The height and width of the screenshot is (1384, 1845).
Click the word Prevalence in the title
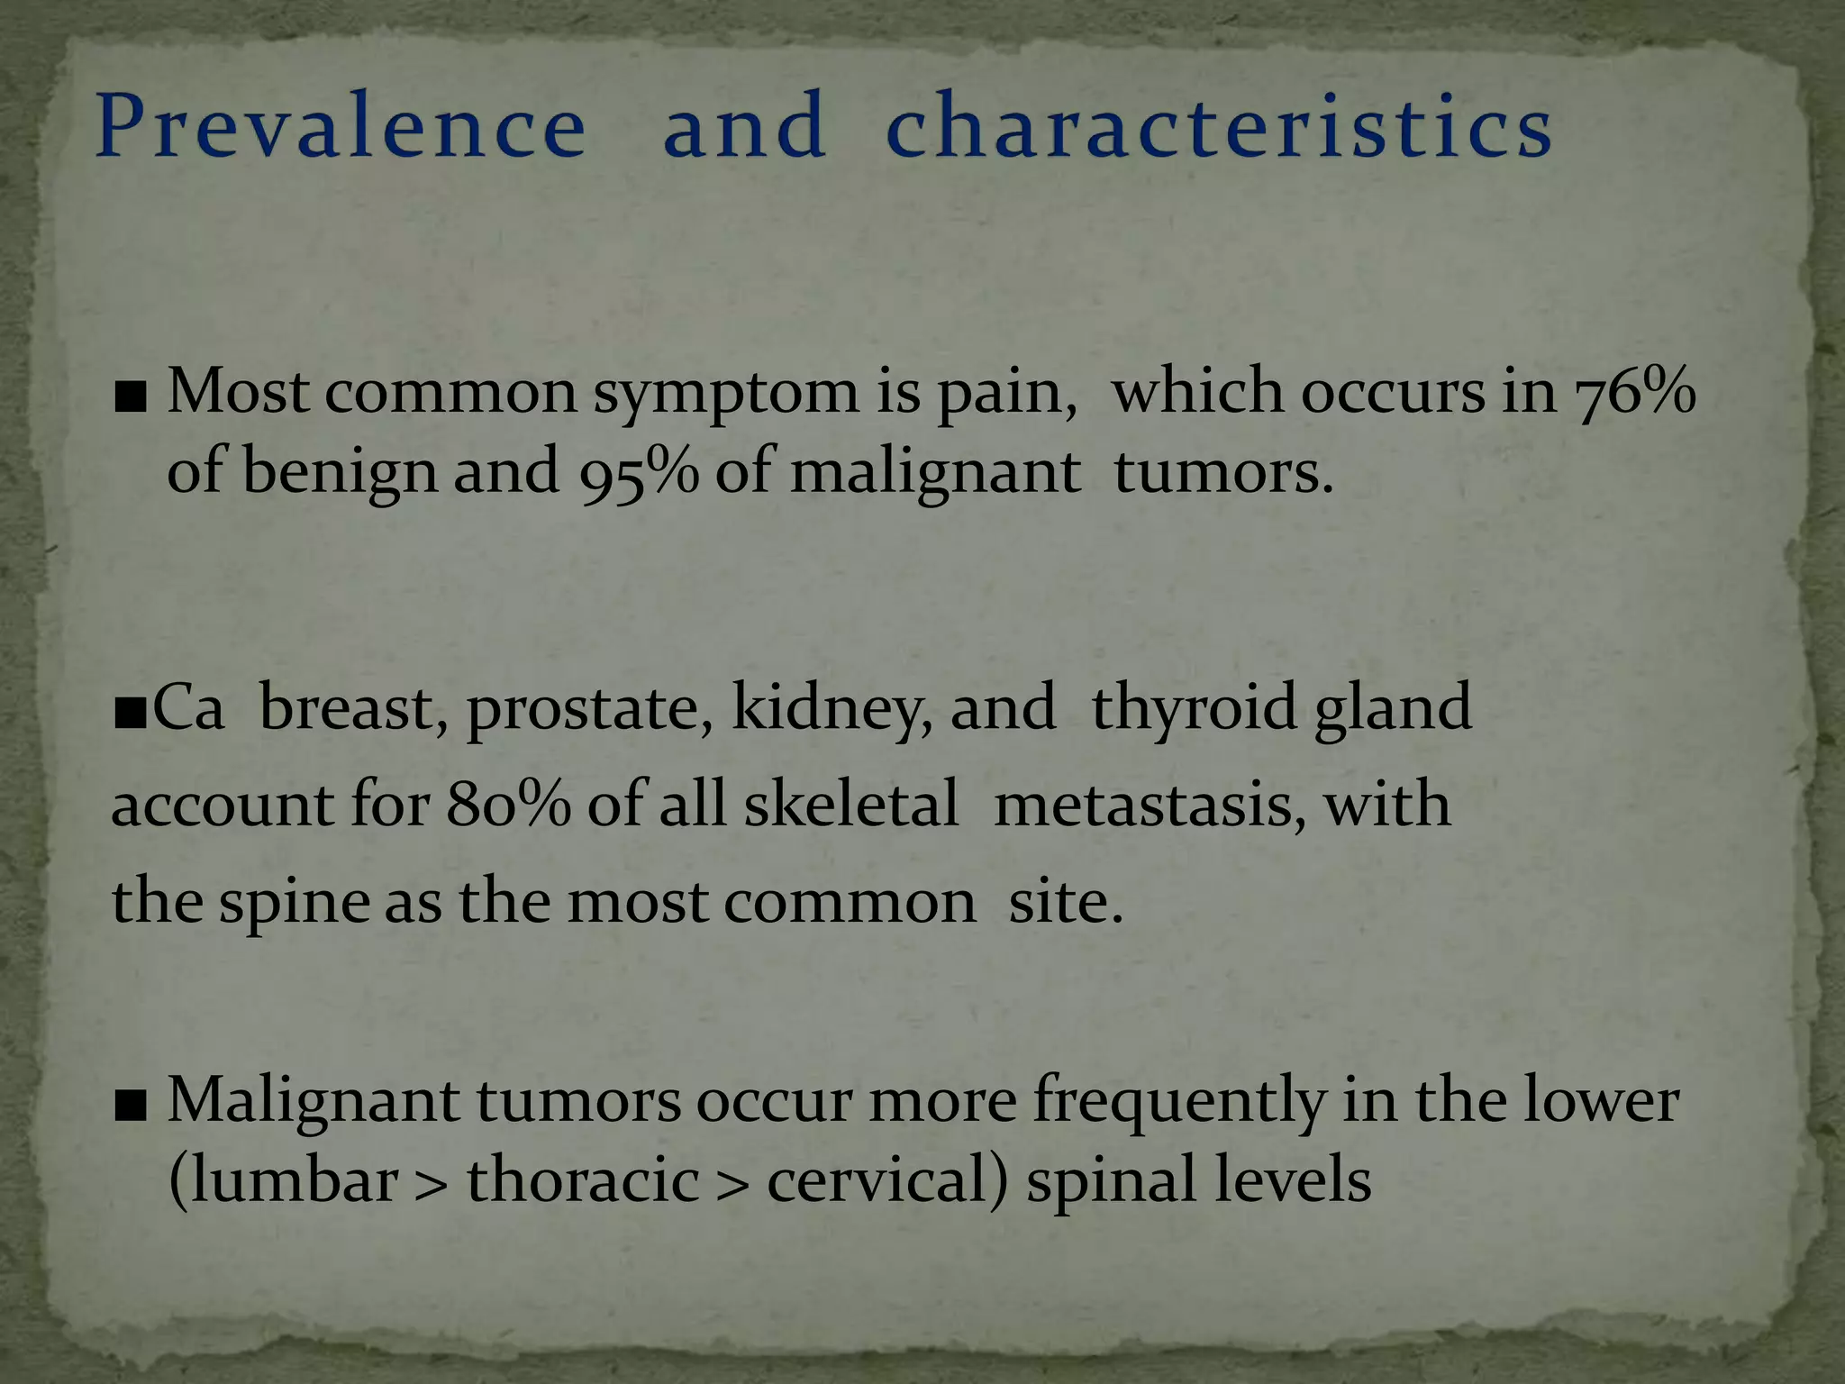click(x=341, y=126)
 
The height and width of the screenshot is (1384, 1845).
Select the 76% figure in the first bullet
click(x=1634, y=393)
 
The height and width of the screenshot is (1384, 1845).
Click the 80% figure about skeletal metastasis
click(x=508, y=804)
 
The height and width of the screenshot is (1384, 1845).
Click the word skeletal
click(x=850, y=804)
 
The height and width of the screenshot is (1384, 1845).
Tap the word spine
click(x=295, y=903)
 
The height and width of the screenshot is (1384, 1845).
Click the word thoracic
click(x=583, y=1180)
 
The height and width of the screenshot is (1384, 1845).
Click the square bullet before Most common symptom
click(x=131, y=397)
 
